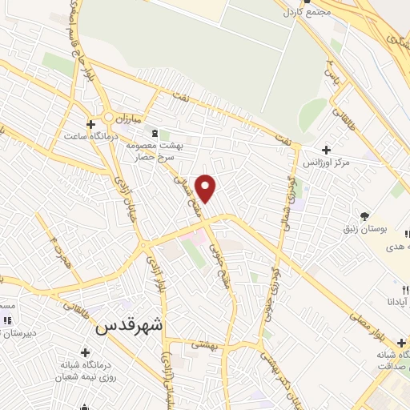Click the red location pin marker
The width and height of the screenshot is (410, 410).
tap(206, 187)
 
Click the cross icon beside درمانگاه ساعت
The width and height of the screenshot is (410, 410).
tap(90, 124)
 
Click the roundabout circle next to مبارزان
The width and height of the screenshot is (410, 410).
tap(107, 117)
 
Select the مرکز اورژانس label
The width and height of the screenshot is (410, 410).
tap(326, 163)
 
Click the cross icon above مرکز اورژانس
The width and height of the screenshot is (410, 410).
tap(326, 150)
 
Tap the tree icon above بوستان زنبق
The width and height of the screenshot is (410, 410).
tap(364, 215)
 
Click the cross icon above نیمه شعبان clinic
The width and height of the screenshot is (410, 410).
tap(86, 352)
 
